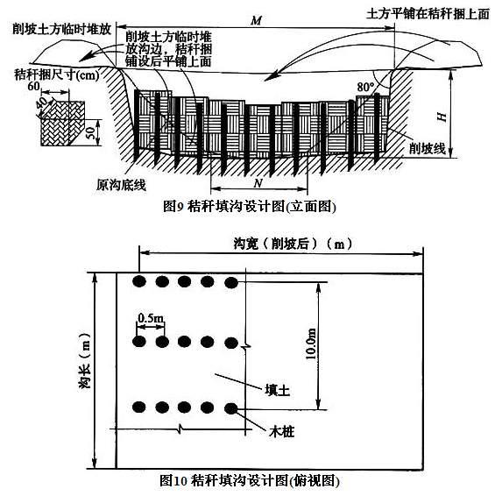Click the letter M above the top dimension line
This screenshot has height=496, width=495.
[256, 20]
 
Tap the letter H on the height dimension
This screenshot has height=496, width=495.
[442, 117]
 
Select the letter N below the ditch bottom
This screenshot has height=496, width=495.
[258, 183]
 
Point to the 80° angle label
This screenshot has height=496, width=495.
[365, 87]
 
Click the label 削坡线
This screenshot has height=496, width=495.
[428, 148]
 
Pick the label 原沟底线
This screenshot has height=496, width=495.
[121, 185]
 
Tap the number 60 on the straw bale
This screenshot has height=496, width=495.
[33, 86]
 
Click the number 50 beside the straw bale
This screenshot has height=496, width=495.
[91, 133]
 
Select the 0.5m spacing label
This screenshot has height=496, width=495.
[151, 318]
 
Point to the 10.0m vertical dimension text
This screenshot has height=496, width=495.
[311, 344]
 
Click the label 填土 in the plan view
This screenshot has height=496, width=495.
[278, 390]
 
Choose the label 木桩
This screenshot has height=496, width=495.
[281, 431]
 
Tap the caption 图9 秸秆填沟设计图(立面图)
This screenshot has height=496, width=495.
[249, 207]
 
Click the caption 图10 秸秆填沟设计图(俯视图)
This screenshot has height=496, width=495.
[250, 481]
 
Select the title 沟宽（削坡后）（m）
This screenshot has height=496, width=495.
[293, 244]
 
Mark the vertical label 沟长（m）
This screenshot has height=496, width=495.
[84, 361]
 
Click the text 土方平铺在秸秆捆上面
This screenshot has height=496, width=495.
[428, 14]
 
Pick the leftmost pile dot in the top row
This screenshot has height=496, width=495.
[139, 281]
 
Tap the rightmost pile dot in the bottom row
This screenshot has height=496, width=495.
[231, 408]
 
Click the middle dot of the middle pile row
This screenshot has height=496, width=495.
[184, 342]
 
